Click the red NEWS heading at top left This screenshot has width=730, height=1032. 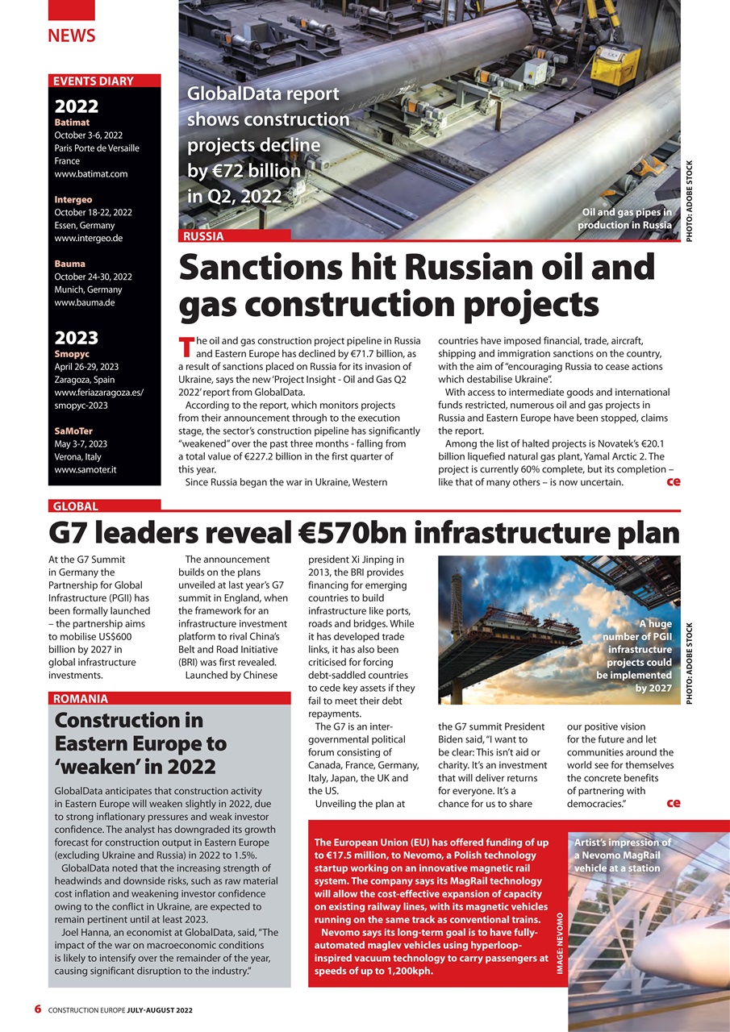71,35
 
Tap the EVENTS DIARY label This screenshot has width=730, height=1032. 92,81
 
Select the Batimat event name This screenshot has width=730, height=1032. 72,123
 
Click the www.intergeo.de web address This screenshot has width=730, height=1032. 89,239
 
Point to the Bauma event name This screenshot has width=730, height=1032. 70,264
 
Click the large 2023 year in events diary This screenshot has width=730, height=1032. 76,337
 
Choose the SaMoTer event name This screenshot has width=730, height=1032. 73,431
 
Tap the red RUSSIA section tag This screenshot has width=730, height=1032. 204,236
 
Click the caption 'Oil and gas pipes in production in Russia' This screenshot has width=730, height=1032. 625,218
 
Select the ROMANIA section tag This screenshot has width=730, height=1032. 81,699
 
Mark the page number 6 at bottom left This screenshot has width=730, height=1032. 38,1009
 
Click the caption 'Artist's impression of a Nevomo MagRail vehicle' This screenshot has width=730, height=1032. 621,855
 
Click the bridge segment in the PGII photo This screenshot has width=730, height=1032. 492,633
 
